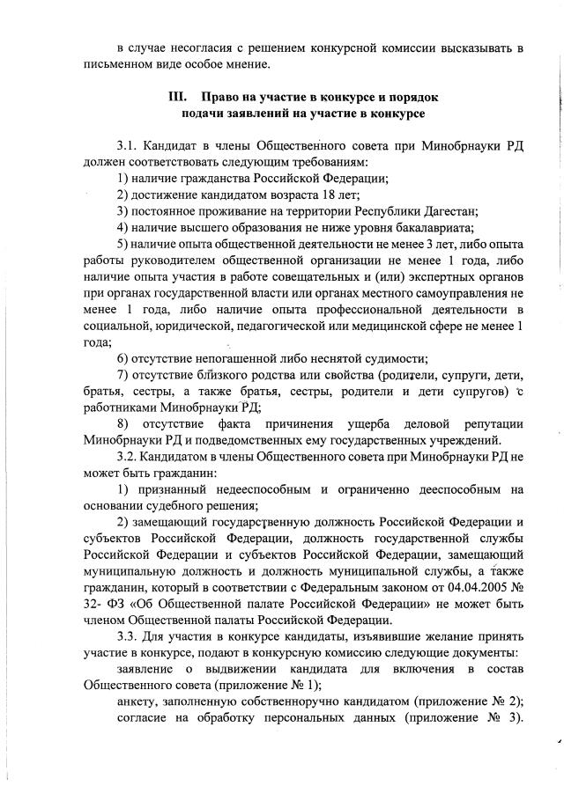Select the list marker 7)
(122, 375)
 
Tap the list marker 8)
(122, 422)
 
